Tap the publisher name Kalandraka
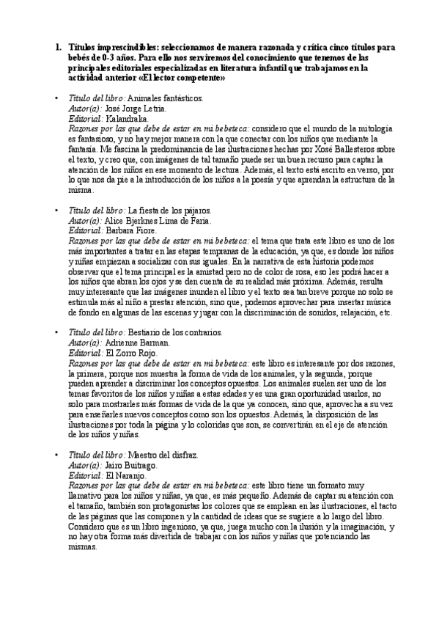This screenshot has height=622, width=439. coord(128,117)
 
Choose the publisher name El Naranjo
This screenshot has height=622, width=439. coord(126,475)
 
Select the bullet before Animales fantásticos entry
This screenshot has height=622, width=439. coord(58,98)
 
